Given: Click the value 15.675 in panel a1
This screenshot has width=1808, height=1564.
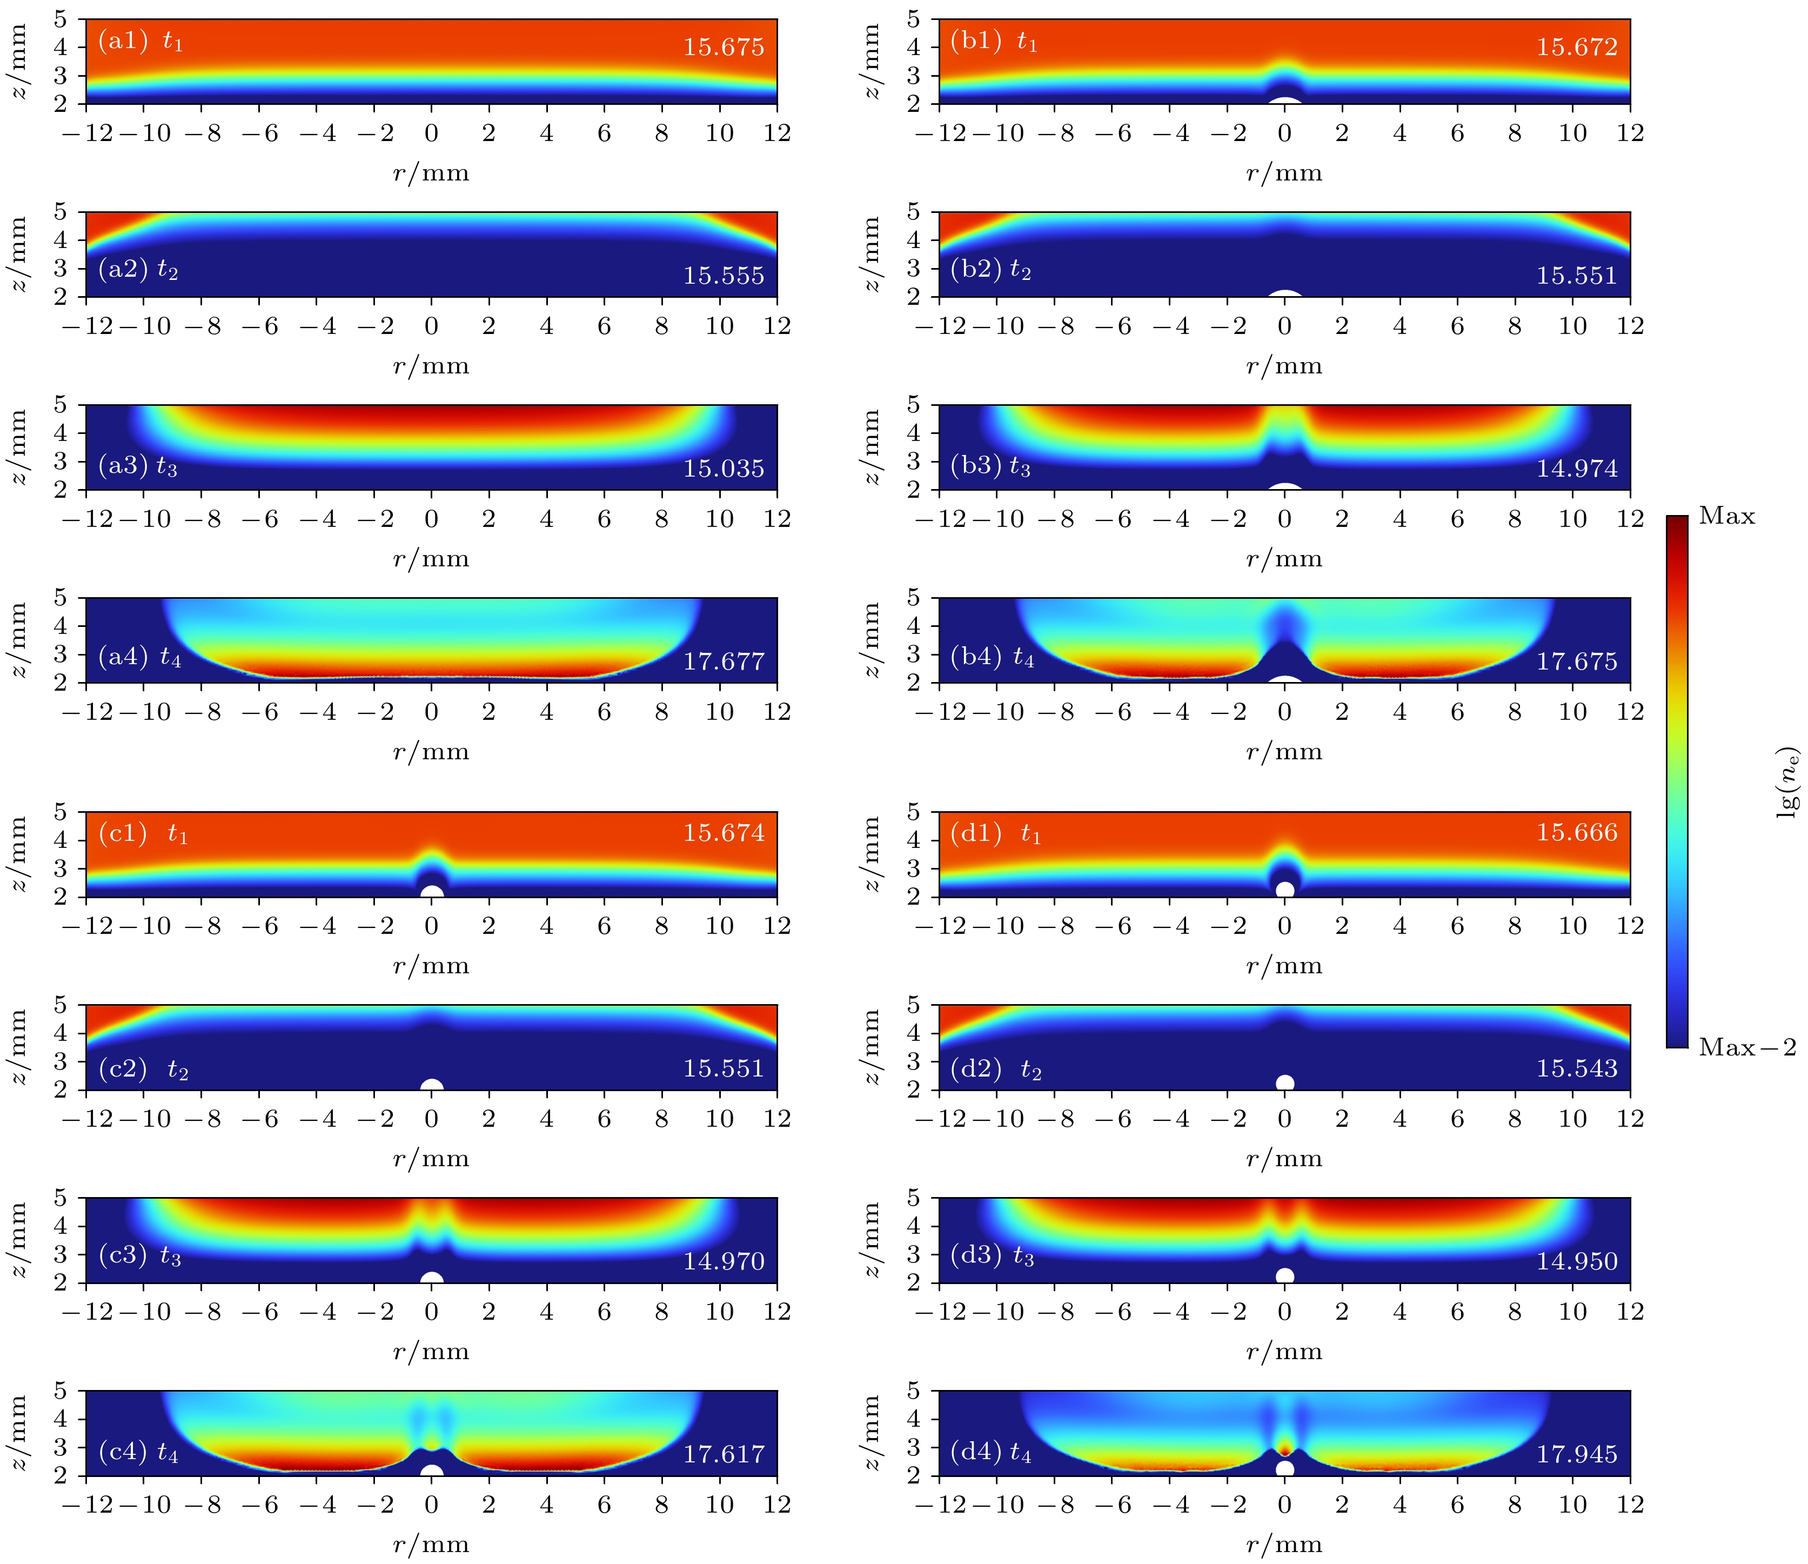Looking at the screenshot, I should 724,47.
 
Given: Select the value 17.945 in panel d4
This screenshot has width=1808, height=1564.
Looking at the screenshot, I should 1577,1454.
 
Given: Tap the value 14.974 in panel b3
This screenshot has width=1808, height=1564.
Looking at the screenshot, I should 1577,469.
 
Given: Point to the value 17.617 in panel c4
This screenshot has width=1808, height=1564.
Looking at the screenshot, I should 724,1454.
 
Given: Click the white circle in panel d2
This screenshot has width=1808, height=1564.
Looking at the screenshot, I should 1284,1083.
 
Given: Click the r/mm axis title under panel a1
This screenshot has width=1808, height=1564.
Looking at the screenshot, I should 431,173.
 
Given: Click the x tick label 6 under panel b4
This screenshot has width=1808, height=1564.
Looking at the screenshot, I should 1457,712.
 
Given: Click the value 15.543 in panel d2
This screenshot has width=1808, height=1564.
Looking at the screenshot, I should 1577,1068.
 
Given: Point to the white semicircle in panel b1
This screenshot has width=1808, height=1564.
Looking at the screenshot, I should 1284,101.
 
